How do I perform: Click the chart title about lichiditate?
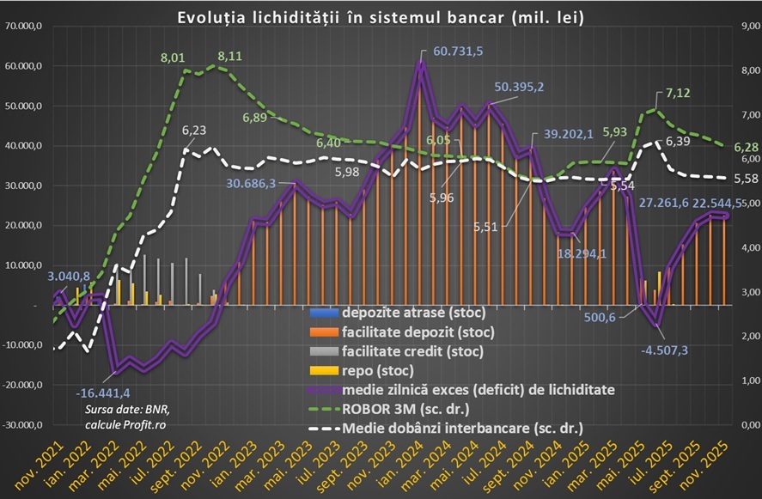pos(381,16)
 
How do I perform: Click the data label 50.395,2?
pos(531,86)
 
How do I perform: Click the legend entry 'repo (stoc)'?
pos(377,371)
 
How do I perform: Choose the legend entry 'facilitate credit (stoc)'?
pos(412,350)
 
